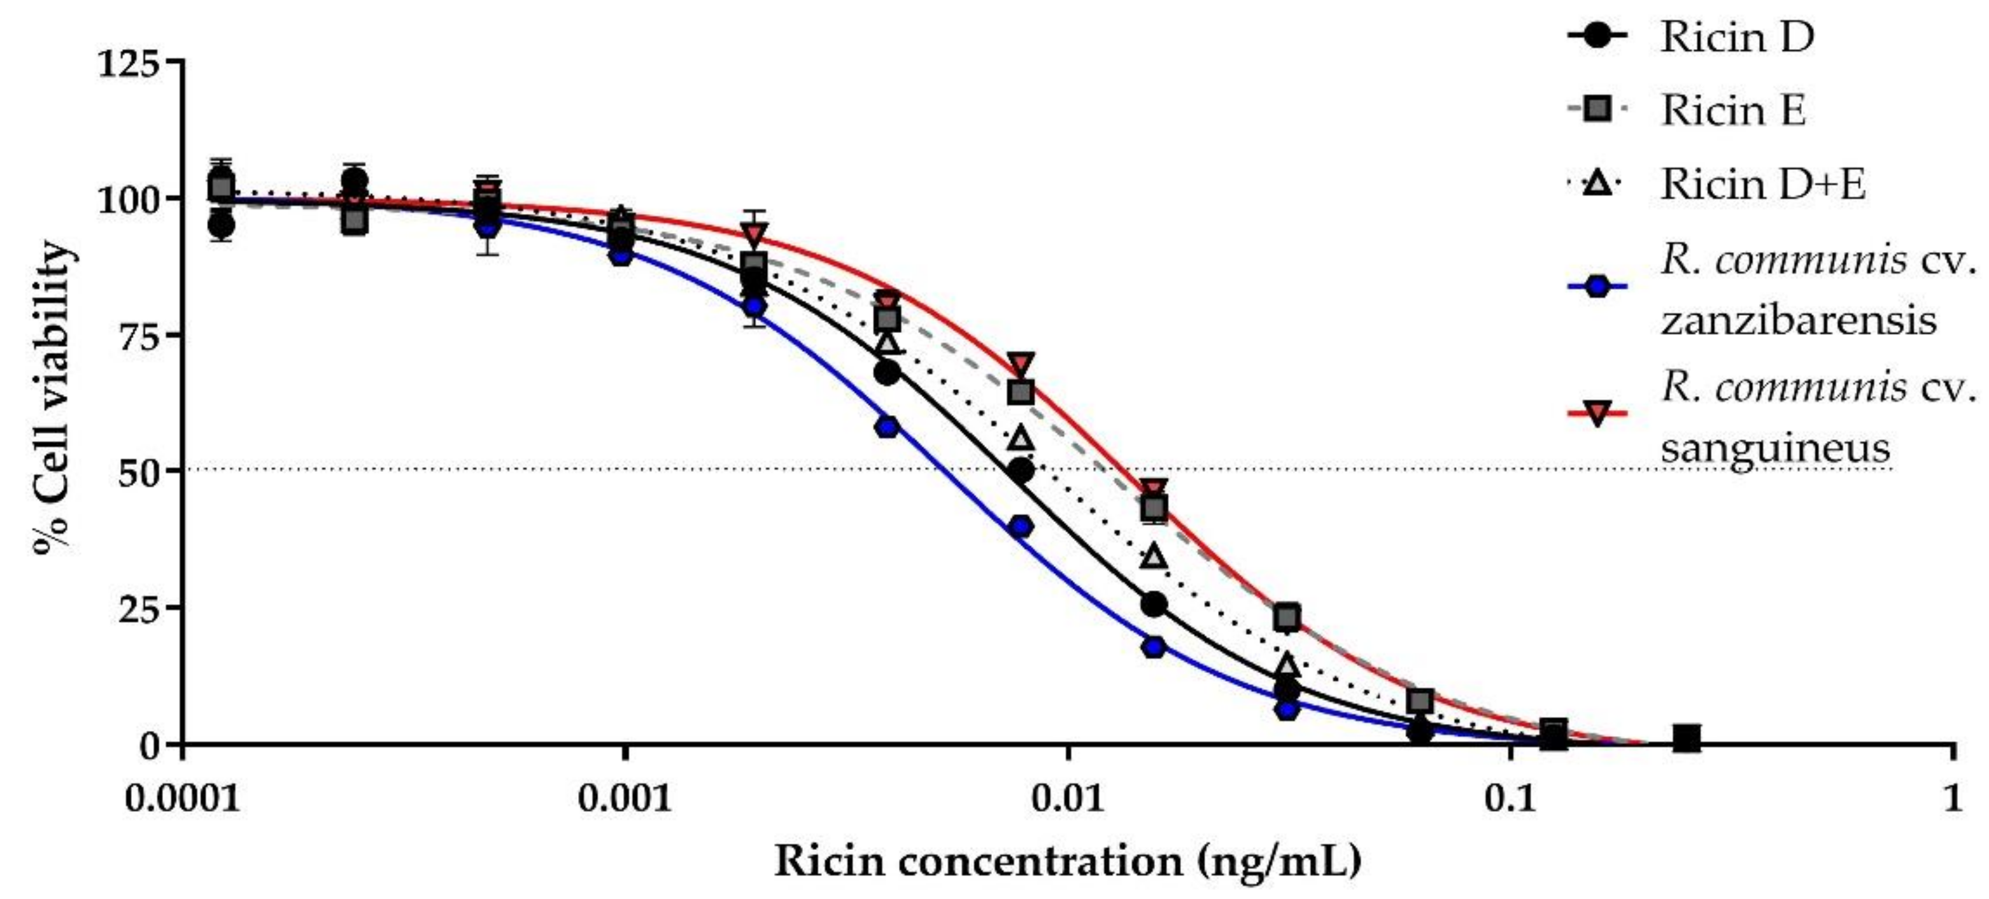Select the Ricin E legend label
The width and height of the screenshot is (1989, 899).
click(1734, 110)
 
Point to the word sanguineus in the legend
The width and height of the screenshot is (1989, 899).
click(1775, 446)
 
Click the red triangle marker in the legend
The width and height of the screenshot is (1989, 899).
click(1597, 413)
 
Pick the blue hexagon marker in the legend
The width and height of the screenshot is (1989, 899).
click(1597, 287)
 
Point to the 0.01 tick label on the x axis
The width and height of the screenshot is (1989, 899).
click(1068, 798)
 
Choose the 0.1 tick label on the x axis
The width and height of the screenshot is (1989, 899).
click(1510, 798)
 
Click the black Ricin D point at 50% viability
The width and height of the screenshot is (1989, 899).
click(1021, 471)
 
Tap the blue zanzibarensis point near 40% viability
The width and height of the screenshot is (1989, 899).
click(1021, 527)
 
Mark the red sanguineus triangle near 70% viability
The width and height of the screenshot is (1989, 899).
click(1021, 362)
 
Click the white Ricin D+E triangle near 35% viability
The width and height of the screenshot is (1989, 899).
click(1154, 555)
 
